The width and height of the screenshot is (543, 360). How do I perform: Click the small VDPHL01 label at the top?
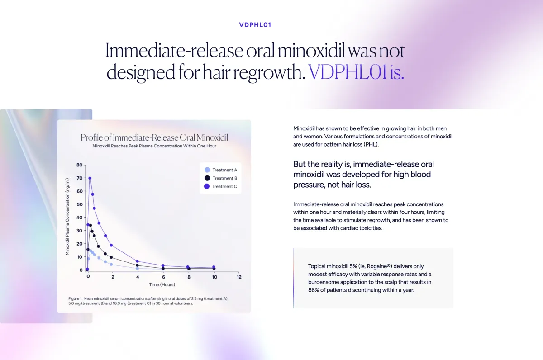coord(255,25)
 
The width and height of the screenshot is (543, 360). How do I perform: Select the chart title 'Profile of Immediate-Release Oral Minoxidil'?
coord(154,137)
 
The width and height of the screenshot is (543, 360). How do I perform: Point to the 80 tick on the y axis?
coord(79,165)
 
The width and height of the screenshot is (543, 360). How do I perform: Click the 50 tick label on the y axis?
coord(79,204)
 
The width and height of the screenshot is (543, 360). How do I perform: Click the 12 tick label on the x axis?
coord(239,277)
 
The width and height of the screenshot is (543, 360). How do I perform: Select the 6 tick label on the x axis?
coord(163,277)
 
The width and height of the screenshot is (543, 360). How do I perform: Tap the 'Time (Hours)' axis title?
coord(162,285)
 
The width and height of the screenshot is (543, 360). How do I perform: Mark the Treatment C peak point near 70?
coord(90,178)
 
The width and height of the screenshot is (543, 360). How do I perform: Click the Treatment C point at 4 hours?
coord(138,261)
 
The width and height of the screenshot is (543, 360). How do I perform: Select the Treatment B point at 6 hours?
coord(163,269)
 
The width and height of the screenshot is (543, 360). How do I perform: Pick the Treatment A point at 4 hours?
coord(138,269)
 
